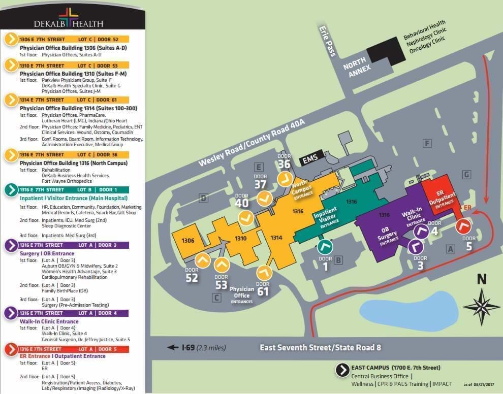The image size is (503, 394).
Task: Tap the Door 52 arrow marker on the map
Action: [203, 261]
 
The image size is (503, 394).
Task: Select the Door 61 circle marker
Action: [264, 273]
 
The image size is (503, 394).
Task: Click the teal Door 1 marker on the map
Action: [325, 247]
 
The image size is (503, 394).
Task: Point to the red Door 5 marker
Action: [463, 226]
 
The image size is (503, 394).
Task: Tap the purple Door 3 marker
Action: [416, 247]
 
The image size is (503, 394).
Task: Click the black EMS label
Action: [310, 160]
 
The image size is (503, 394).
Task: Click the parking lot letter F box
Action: [428, 144]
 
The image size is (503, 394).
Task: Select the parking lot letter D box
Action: [203, 198]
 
